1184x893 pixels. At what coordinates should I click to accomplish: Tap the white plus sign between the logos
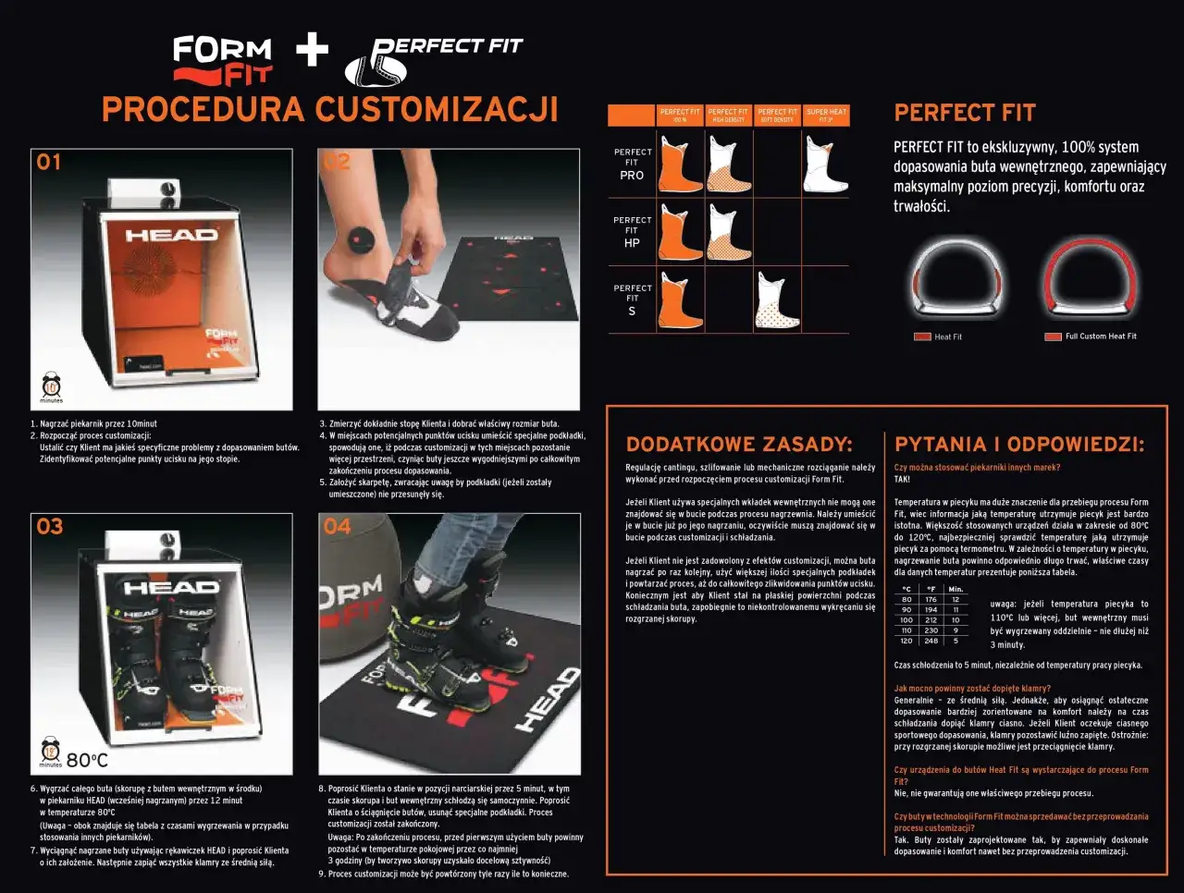(313, 50)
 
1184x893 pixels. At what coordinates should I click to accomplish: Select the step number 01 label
(49, 163)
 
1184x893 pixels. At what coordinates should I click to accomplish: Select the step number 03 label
(50, 527)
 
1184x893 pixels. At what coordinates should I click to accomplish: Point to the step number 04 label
(338, 527)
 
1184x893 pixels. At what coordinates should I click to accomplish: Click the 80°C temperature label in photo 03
(87, 760)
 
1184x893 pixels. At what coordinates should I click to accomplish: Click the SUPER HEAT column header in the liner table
(825, 116)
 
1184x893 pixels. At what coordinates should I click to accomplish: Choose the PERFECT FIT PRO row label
(632, 164)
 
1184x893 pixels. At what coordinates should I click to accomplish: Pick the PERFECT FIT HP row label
(632, 232)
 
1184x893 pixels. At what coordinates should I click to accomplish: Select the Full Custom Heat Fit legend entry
(1091, 336)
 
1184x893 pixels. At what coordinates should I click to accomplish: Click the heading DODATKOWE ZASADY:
(739, 445)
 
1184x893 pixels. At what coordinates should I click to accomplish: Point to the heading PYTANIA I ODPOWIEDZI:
(1019, 445)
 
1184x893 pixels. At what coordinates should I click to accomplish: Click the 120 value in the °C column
(906, 641)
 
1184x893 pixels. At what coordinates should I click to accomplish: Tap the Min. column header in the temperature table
(956, 589)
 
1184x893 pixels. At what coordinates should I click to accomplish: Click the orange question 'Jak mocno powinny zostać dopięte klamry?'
(972, 689)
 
